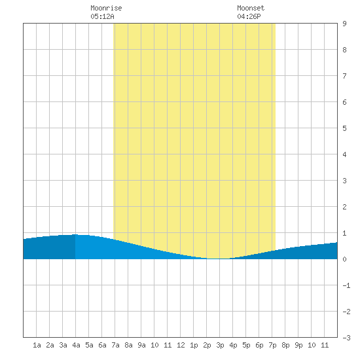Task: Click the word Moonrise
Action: [x=106, y=8]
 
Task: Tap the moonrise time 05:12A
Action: [x=102, y=16]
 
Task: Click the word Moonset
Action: [x=251, y=8]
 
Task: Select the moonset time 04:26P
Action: [x=249, y=16]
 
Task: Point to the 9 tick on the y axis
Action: [x=344, y=24]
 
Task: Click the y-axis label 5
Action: [x=344, y=128]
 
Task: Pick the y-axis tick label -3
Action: [x=346, y=338]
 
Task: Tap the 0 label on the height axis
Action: [x=344, y=259]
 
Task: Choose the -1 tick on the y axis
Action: [x=346, y=285]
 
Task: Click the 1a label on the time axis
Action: [x=37, y=345]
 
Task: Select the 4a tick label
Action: [x=76, y=345]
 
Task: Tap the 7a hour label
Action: [x=115, y=345]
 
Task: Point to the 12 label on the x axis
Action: [x=181, y=345]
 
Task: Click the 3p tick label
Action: [x=220, y=345]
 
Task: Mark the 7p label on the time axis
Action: [x=272, y=345]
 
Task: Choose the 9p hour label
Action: [x=298, y=345]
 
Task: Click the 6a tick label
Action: [x=102, y=345]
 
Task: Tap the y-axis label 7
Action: [x=344, y=76]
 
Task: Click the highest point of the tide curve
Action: [x=75, y=234]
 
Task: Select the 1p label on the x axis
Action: [x=194, y=345]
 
